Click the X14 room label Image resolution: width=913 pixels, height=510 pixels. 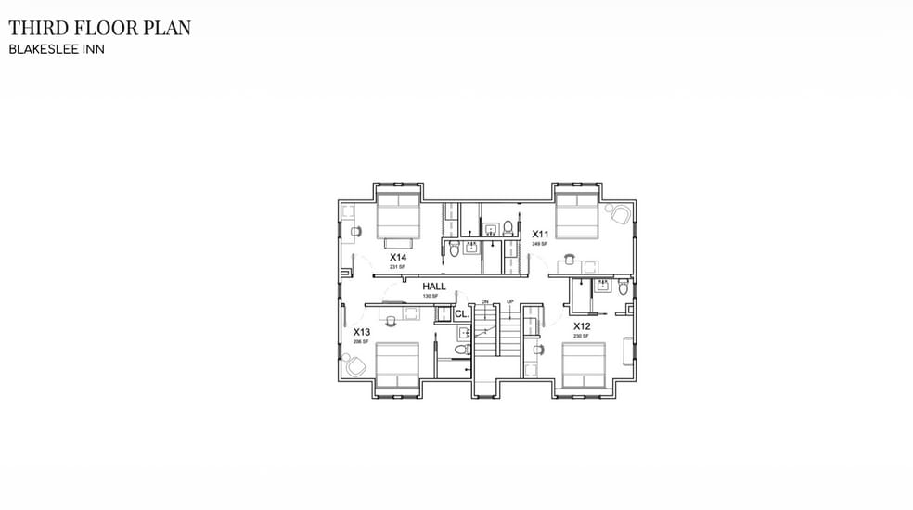point(398,257)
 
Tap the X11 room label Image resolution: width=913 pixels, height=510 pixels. point(540,234)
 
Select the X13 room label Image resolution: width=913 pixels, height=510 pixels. point(362,331)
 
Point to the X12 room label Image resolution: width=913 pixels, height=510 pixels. point(582,326)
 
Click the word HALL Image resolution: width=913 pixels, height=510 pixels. point(434,287)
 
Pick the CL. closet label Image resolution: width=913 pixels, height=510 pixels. point(461,314)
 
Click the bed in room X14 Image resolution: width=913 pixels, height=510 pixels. point(399,215)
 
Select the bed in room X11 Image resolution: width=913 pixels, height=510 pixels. point(577,215)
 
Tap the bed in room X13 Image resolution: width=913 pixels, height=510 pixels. point(398,365)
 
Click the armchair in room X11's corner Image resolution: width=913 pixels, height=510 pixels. point(619,214)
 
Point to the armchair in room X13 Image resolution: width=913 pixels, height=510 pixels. point(355,367)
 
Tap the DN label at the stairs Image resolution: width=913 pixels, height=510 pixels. point(484,302)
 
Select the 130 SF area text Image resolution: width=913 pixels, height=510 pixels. point(430,296)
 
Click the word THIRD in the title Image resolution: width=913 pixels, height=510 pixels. point(38,29)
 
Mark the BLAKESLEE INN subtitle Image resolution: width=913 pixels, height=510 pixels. point(57,49)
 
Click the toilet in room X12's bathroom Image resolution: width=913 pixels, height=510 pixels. point(624,288)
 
